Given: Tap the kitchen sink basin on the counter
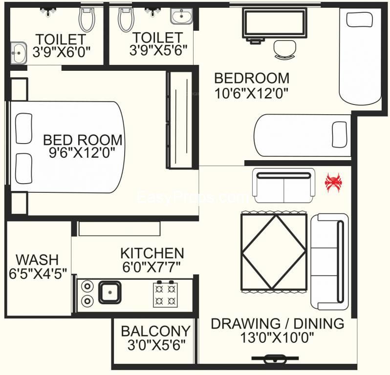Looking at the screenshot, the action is coord(110,292).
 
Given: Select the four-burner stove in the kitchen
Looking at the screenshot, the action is coord(165,294).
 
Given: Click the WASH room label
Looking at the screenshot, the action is coord(37,260).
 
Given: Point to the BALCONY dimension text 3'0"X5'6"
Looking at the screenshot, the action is coord(156,345).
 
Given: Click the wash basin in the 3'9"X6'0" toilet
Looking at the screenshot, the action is coord(19,53).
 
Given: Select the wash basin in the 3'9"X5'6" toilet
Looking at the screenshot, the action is coord(182,16).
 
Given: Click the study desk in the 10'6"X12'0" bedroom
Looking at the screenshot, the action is coord(274,24).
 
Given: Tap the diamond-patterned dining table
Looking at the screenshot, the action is coord(274,252).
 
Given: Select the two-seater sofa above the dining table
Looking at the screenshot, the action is coord(284,186).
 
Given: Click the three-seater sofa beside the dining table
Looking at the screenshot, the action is coord(329,261).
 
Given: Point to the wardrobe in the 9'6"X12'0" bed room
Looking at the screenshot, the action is coord(179,120).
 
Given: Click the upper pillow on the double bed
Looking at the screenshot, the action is coord(24,128).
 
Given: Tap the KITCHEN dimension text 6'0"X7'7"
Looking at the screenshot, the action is coord(152,267).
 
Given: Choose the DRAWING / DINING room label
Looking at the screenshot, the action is coord(278,324).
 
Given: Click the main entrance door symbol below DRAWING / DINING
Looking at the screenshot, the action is coord(275,358).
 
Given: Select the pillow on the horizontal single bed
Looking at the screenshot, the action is coord(340,134).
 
